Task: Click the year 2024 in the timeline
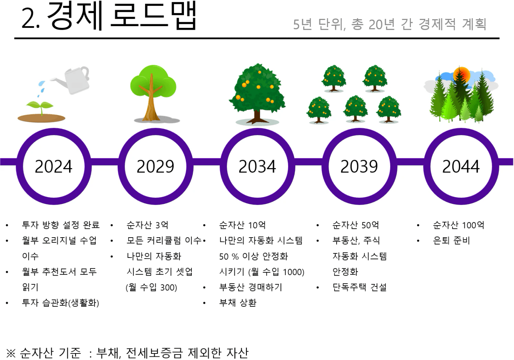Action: (x=54, y=167)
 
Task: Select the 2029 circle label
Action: (x=155, y=167)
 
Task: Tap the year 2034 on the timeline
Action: (x=257, y=167)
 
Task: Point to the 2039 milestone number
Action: (x=359, y=167)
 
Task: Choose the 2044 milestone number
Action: (x=461, y=167)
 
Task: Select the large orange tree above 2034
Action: (x=257, y=94)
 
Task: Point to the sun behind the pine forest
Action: (x=462, y=75)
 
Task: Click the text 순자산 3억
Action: (x=147, y=225)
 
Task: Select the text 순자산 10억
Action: (x=242, y=225)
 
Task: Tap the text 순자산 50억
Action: (x=356, y=225)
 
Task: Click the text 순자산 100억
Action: (x=459, y=225)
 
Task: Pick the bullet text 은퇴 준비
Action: (x=451, y=240)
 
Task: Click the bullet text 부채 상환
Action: (x=238, y=303)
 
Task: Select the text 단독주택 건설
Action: (x=359, y=287)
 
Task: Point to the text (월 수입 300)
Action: (x=151, y=288)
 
